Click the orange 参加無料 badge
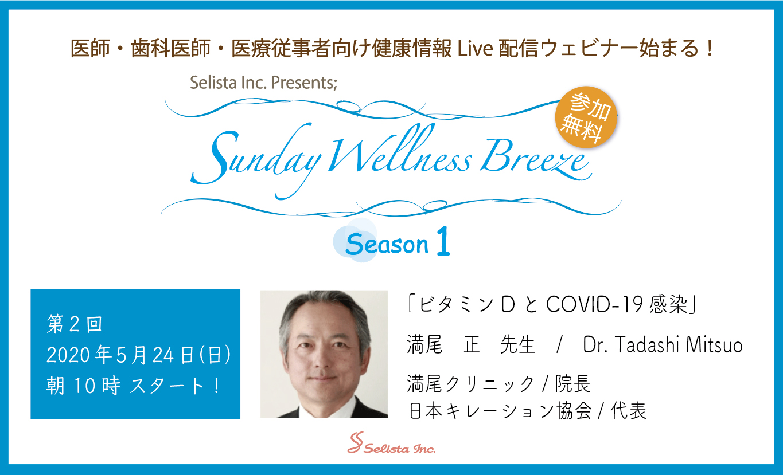586,117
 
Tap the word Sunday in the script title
256,160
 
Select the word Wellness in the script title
400,150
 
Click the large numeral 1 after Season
443,241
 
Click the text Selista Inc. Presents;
263,83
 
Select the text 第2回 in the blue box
74,324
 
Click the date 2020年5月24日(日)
139,355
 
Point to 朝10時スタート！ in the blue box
134,386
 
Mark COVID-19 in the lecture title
595,305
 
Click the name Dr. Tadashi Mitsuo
663,344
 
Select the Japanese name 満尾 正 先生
471,344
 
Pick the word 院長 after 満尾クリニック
573,383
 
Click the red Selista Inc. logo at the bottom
391,443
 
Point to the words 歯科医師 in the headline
170,48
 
